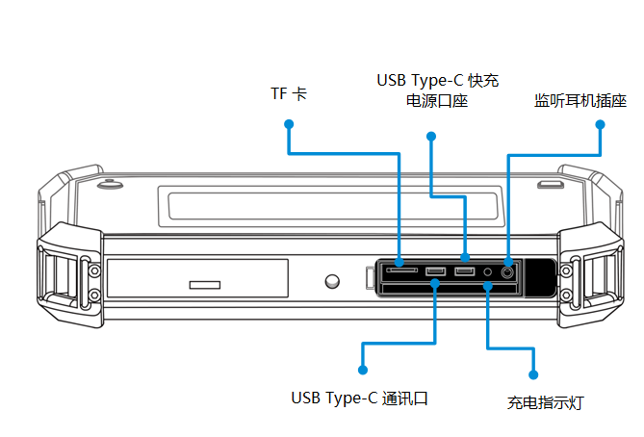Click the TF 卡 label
click(289, 93)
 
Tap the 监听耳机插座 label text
click(580, 100)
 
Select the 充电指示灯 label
click(545, 402)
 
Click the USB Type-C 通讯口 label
click(358, 397)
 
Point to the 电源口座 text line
click(437, 100)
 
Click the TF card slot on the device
click(402, 272)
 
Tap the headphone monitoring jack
click(508, 272)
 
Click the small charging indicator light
click(488, 272)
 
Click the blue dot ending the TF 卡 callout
click(288, 123)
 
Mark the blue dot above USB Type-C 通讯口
click(363, 369)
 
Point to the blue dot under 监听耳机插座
click(599, 124)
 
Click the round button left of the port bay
click(332, 282)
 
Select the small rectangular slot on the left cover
click(204, 285)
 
